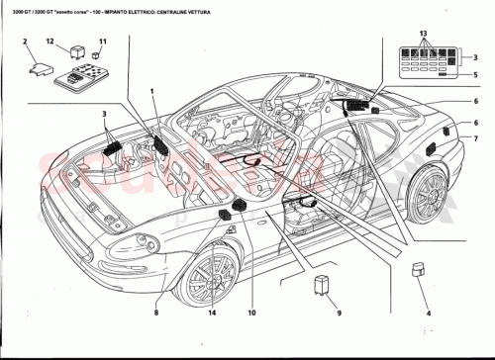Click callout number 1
pyautogui.click(x=152, y=92)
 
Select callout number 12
pyautogui.click(x=50, y=42)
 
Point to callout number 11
pyautogui.click(x=100, y=42)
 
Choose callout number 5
pyautogui.click(x=475, y=75)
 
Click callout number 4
pyautogui.click(x=427, y=318)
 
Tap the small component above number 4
pyautogui.click(x=420, y=269)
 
